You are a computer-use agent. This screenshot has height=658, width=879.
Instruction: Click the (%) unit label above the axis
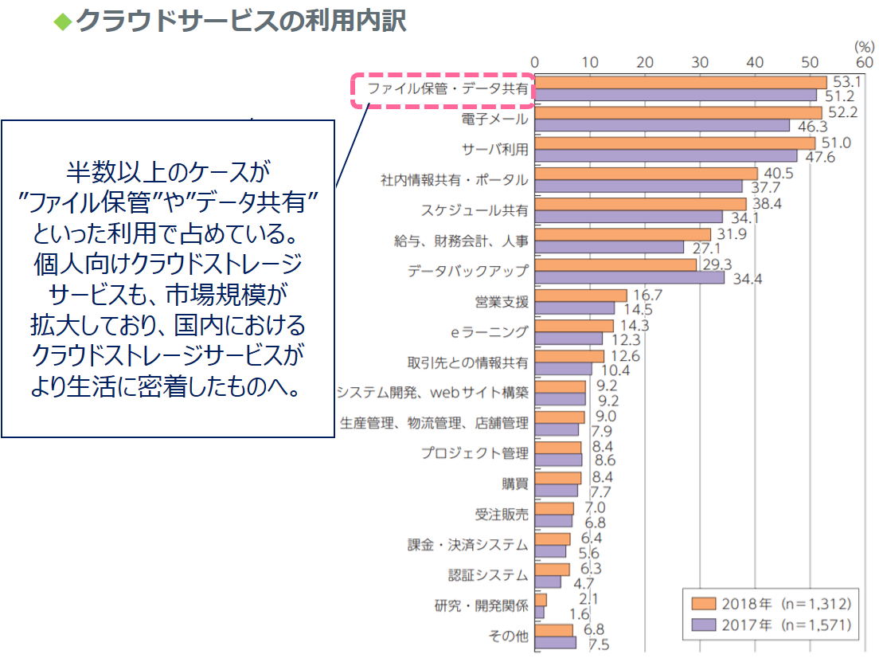click(863, 47)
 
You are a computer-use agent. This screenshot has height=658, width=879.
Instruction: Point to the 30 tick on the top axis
click(699, 62)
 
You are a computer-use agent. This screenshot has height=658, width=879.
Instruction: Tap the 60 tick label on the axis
click(864, 62)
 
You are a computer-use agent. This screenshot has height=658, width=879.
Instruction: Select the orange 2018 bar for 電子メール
click(678, 112)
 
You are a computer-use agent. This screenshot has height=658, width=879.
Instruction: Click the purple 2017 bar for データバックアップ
click(629, 278)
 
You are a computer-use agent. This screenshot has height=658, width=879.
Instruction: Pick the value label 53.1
click(844, 82)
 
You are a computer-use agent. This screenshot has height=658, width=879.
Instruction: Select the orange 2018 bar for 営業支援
click(580, 296)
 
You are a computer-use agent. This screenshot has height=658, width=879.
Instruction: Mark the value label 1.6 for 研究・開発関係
click(580, 614)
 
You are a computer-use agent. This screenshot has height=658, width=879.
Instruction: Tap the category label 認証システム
click(487, 574)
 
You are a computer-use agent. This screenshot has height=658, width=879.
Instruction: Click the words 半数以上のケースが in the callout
click(168, 170)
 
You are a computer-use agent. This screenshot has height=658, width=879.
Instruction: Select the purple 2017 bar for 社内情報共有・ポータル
click(638, 186)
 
